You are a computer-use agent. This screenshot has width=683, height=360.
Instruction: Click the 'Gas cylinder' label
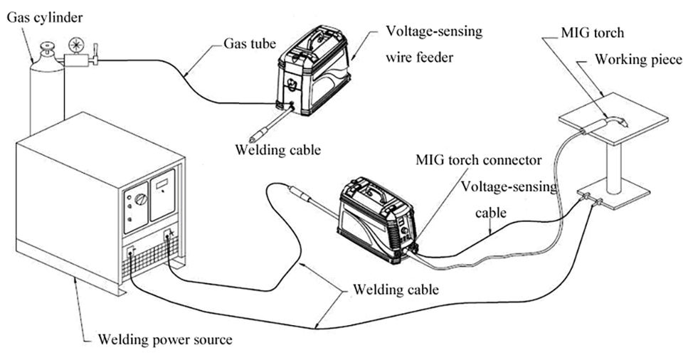pyautogui.click(x=44, y=18)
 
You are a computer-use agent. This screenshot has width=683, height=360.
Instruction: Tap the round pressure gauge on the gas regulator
pyautogui.click(x=76, y=46)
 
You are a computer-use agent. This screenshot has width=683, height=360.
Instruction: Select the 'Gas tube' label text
pyautogui.click(x=250, y=43)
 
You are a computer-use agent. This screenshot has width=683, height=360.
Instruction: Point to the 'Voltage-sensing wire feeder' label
pyautogui.click(x=434, y=44)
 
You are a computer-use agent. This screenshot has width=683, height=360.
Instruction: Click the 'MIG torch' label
pyautogui.click(x=592, y=33)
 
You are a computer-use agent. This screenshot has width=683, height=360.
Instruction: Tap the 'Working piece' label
pyautogui.click(x=638, y=59)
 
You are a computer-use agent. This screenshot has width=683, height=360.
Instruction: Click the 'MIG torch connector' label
pyautogui.click(x=478, y=159)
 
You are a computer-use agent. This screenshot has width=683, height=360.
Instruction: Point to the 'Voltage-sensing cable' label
pyautogui.click(x=509, y=200)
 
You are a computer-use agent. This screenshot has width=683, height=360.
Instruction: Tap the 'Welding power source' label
pyautogui.click(x=164, y=339)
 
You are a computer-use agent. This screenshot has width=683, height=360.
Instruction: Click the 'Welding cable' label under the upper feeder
pyautogui.click(x=278, y=150)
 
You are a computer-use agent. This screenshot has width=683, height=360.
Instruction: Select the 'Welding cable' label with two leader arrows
pyautogui.click(x=396, y=290)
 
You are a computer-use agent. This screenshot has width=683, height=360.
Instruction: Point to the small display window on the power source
pyautogui.click(x=162, y=185)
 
